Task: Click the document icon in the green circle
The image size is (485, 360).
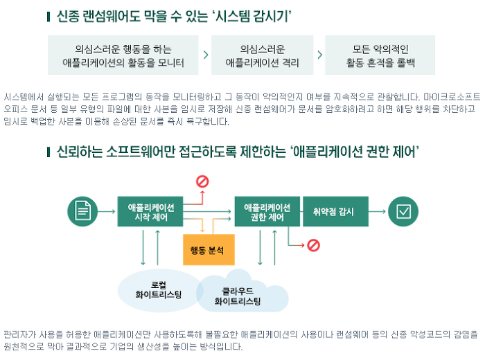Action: [82, 211]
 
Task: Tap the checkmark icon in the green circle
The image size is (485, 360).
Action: [403, 211]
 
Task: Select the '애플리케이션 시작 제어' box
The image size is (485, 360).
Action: [150, 211]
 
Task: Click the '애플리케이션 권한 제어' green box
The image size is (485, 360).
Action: [267, 211]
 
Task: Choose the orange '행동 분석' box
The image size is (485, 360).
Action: [208, 250]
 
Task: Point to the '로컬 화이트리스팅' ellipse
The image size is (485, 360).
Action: [158, 289]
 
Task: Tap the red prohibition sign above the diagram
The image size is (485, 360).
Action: [202, 181]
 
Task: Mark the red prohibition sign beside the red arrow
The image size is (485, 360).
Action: [314, 244]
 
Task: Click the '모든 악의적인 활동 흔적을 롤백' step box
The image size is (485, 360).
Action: [380, 55]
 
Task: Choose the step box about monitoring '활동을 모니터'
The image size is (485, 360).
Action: [123, 55]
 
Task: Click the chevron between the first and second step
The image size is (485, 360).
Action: [206, 55]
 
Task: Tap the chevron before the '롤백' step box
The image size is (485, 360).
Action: [319, 55]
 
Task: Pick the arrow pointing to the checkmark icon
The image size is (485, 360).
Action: [377, 211]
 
